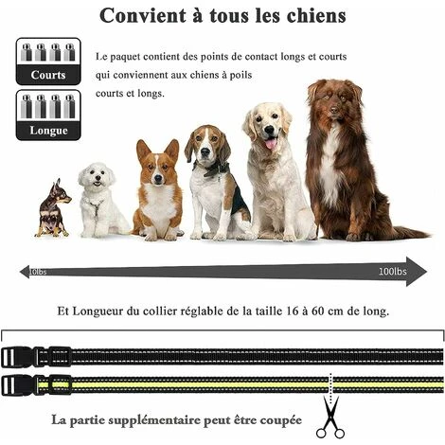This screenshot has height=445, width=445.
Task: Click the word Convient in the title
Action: point(143,16)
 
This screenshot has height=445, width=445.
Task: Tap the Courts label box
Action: point(47,74)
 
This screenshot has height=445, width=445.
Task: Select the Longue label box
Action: point(47,130)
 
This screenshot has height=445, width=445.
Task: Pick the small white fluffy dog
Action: point(98,199)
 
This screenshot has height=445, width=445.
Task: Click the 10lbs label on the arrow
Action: point(38,273)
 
